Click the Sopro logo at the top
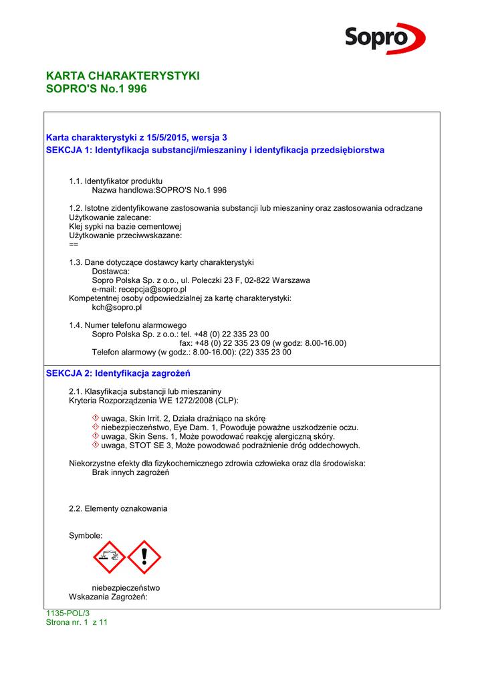coord(385,38)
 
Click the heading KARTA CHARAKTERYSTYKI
coord(122,76)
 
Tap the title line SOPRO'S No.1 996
coord(96,88)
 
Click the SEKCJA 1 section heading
coord(215,150)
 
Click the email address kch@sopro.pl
coord(117,308)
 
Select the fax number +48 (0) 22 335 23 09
coord(233,343)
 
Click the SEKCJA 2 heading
coord(118,373)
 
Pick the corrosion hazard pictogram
coord(110,558)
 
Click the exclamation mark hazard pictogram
coord(144,558)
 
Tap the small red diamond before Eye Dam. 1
coord(96,427)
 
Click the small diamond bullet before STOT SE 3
coord(96,446)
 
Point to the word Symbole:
coord(86,536)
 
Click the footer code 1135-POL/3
coord(67,613)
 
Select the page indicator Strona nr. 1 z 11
coord(76,622)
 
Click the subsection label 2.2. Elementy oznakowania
coord(118,509)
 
